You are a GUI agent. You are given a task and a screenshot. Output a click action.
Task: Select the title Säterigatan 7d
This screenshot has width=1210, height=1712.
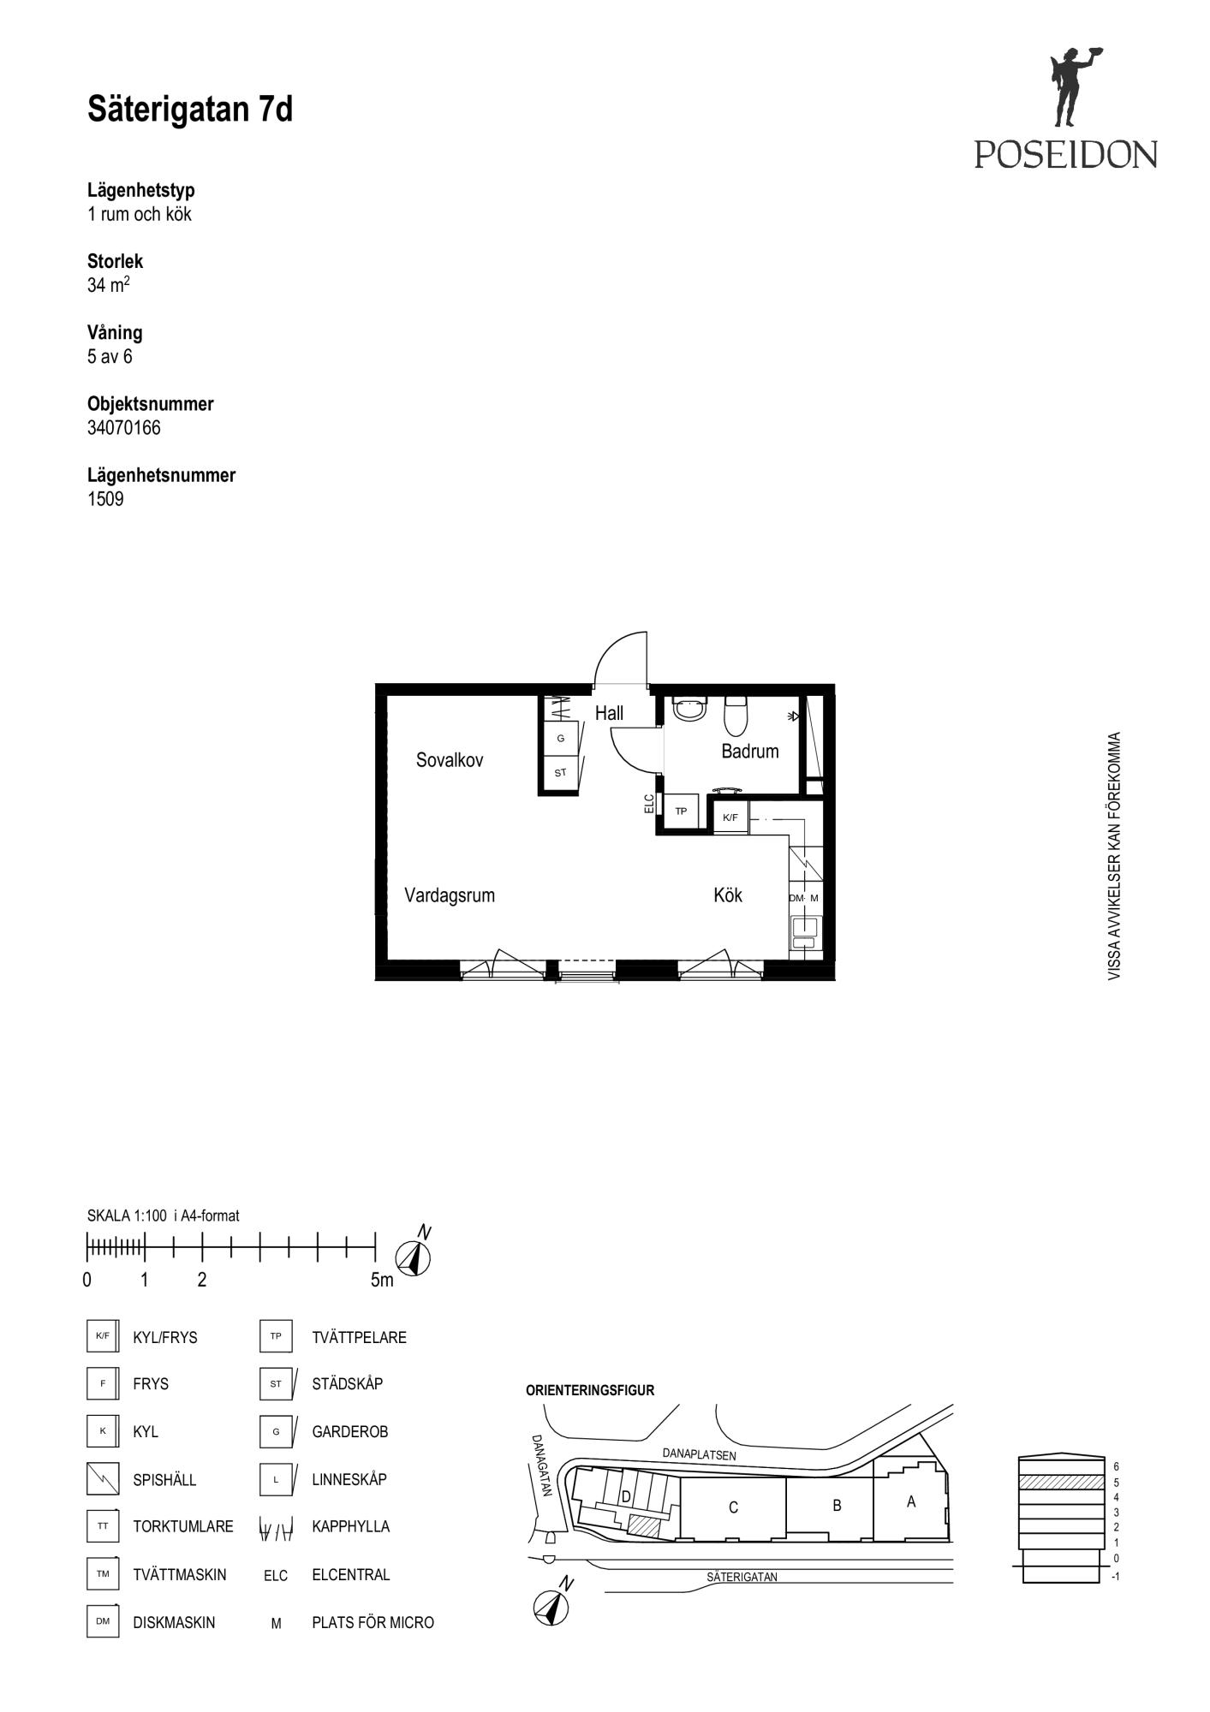[190, 110]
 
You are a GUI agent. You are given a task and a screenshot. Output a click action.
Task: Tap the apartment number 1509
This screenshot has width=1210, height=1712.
[105, 499]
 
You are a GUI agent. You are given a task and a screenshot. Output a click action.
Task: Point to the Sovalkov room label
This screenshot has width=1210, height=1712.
[450, 760]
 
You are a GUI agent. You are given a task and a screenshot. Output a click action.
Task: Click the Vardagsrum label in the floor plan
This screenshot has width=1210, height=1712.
[450, 895]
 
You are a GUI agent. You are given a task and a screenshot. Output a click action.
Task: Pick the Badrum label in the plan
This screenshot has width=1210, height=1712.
[750, 752]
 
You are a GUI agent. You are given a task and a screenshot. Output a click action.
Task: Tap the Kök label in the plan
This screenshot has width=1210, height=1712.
[728, 895]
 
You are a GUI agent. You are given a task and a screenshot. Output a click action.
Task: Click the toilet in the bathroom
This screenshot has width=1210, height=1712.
[736, 716]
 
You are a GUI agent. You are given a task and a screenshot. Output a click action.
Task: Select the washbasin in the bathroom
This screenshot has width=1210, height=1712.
[690, 709]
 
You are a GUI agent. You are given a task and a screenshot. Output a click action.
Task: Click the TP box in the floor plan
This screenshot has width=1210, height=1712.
[682, 811]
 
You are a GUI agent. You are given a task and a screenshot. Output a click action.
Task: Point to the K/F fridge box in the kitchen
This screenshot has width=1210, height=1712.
[730, 817]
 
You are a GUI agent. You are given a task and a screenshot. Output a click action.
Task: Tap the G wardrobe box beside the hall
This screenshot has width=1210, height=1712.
[561, 738]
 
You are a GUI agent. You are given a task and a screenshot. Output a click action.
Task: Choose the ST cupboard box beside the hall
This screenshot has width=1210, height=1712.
[561, 773]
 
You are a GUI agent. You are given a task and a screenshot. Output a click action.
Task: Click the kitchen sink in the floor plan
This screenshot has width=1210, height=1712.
[805, 931]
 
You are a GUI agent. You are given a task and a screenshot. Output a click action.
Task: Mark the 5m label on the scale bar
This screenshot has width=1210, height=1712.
[382, 1281]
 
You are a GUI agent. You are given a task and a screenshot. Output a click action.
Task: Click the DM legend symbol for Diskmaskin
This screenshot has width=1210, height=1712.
[103, 1621]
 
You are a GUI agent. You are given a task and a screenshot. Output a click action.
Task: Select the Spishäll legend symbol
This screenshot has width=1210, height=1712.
[103, 1478]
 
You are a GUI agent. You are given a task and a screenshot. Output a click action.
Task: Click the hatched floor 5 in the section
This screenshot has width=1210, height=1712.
[1061, 1482]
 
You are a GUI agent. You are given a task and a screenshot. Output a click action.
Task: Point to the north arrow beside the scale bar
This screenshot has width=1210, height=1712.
[414, 1256]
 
